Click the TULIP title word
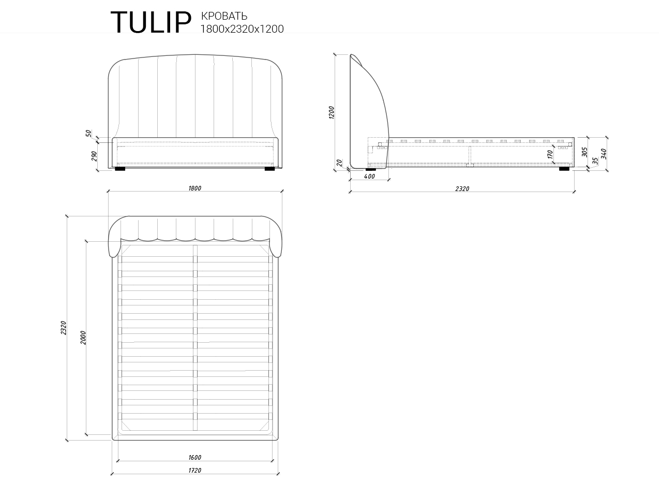click(151, 22)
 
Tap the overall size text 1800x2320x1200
click(242, 29)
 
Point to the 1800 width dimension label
click(194, 188)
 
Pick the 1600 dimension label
click(194, 457)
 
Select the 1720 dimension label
click(194, 471)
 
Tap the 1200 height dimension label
click(332, 112)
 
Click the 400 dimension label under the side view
click(369, 177)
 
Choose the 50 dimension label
click(88, 134)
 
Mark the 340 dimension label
click(603, 154)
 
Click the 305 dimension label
click(584, 152)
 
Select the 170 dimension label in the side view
click(550, 153)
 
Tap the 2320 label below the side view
click(462, 189)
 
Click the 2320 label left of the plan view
click(63, 327)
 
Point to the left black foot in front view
click(120, 168)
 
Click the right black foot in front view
click(269, 168)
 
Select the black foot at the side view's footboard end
click(564, 168)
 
